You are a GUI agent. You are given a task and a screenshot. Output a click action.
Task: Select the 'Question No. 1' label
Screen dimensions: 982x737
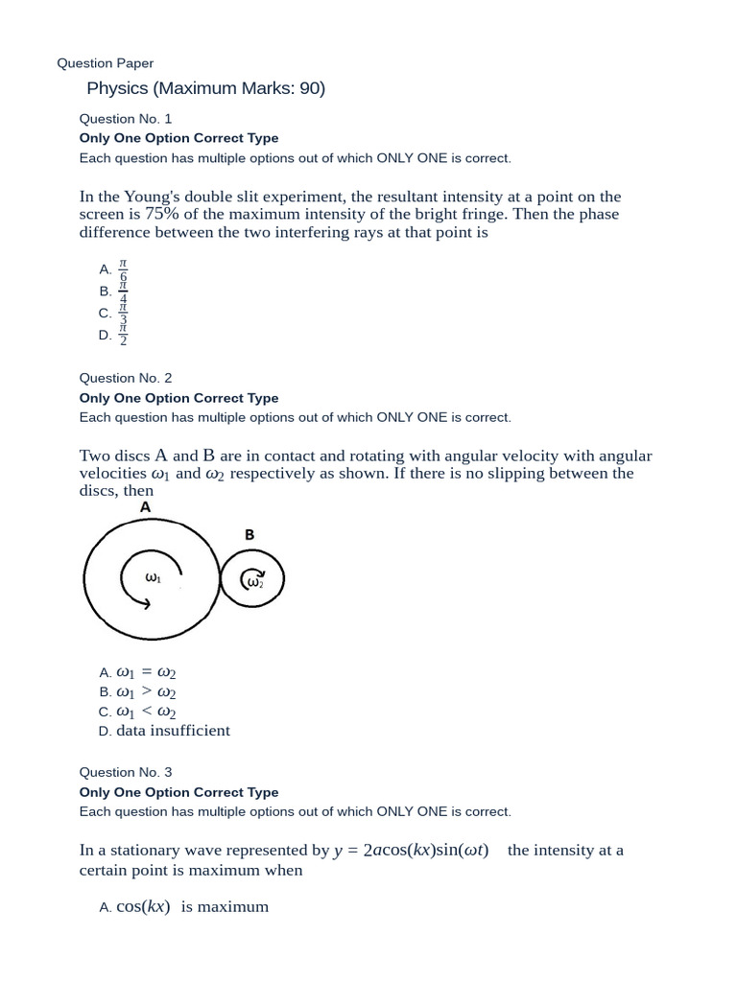pos(125,119)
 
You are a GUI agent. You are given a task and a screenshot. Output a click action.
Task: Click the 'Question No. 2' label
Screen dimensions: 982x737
pos(125,379)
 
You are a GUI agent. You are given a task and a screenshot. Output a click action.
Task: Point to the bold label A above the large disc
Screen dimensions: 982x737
pos(146,506)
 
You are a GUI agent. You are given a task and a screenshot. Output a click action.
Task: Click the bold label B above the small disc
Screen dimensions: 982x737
pos(250,535)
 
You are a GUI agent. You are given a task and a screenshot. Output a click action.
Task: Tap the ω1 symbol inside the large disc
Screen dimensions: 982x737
pos(153,577)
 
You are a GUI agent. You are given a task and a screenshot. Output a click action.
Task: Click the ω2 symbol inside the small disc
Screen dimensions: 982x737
pos(254,581)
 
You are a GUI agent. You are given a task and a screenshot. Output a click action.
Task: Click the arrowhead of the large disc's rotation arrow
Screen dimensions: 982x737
pos(147,602)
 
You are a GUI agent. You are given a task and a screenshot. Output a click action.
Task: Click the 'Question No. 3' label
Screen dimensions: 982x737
pos(125,772)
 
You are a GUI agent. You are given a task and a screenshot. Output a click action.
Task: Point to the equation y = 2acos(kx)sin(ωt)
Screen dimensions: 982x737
pos(411,851)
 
